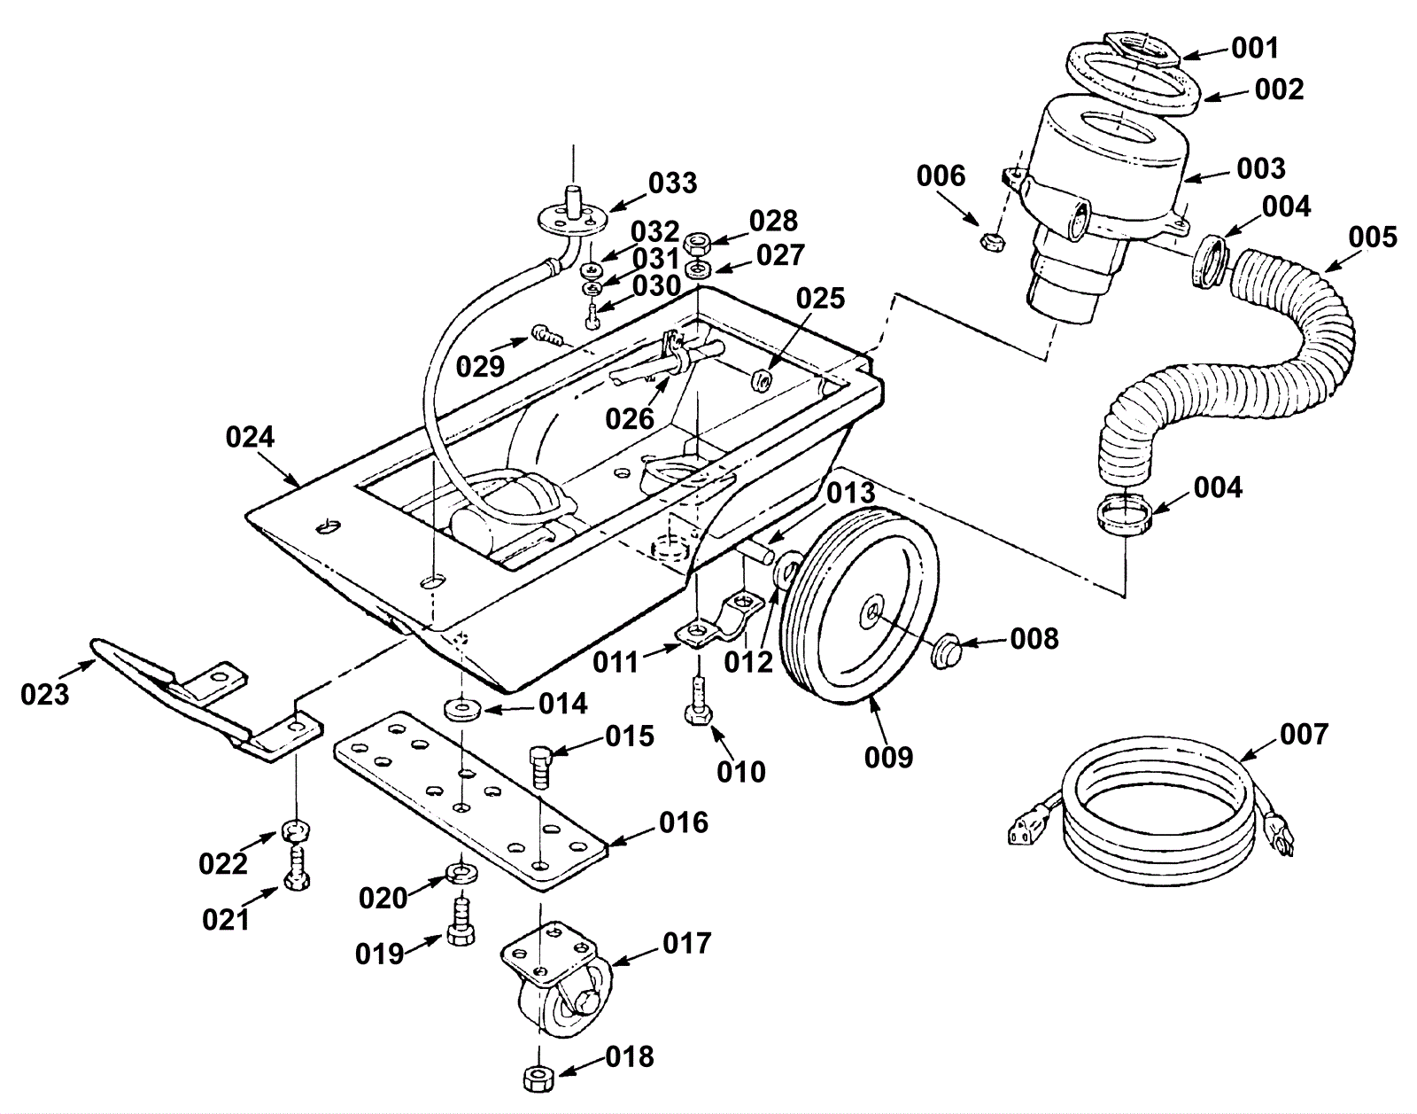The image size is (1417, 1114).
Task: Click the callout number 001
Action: click(1255, 48)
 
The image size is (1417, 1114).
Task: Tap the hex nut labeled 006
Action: click(993, 241)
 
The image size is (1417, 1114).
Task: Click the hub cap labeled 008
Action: click(946, 652)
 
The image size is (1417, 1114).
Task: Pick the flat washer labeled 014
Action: click(461, 707)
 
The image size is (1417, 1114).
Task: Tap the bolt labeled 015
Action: click(540, 767)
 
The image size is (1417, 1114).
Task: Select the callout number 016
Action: click(684, 822)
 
